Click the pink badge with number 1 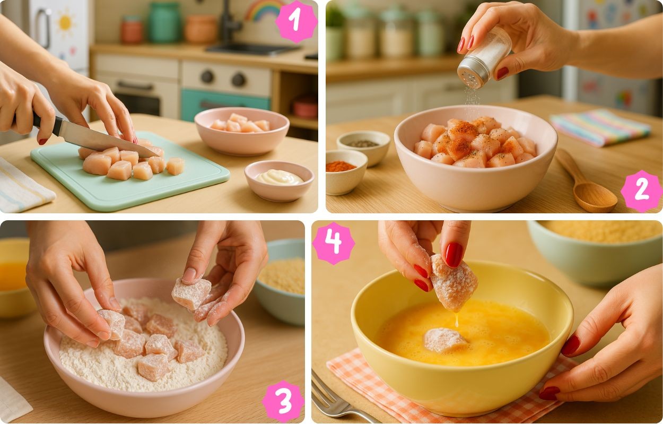point(296,21)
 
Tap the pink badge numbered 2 point(641,191)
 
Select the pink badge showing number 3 point(283,402)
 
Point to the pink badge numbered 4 point(334,243)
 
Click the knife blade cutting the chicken point(107,139)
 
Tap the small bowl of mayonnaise point(279,180)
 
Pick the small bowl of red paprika point(346,172)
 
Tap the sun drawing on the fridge point(65,22)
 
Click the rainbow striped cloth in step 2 point(601,127)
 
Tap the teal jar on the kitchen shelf point(164,22)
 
